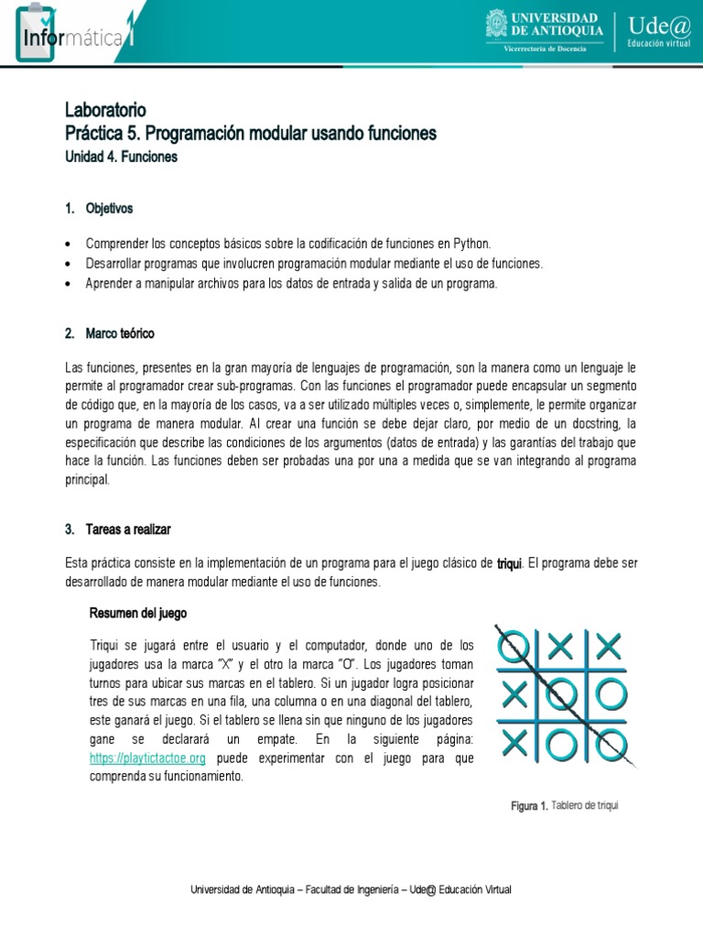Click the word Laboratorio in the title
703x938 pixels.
[x=105, y=111]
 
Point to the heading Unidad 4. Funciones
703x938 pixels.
[x=121, y=157]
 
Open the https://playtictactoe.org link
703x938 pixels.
[x=147, y=758]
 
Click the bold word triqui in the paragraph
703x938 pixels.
[x=509, y=562]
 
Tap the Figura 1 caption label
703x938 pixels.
[x=529, y=806]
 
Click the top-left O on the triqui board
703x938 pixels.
[x=514, y=648]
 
